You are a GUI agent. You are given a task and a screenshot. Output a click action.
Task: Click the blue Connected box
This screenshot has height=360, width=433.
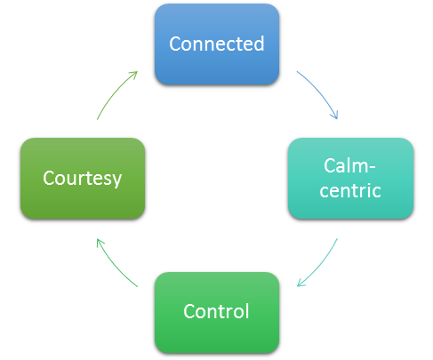tap(217, 44)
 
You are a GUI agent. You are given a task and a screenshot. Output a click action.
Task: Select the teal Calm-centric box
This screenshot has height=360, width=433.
tap(350, 179)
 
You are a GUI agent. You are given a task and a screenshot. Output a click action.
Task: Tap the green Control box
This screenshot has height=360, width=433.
tap(217, 313)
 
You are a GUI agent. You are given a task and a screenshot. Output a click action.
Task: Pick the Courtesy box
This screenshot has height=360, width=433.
tap(83, 179)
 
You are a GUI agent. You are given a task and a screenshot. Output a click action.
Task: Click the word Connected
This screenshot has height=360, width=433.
tap(217, 44)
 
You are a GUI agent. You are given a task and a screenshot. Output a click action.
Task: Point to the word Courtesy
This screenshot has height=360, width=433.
tap(83, 179)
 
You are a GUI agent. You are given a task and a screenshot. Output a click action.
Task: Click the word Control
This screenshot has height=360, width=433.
tap(216, 311)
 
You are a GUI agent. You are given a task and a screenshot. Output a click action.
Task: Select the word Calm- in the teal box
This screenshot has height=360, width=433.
tap(349, 165)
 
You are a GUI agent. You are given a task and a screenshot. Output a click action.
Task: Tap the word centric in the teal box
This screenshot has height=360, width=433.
tap(350, 190)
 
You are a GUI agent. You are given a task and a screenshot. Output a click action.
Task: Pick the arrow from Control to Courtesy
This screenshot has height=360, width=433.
tap(115, 265)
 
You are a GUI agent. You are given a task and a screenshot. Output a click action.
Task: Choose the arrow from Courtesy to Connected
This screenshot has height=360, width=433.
tap(115, 92)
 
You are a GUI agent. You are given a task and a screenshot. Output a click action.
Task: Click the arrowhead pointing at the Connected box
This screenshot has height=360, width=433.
tap(134, 74)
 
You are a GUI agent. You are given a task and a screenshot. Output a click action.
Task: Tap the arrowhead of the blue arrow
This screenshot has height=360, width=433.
tap(335, 115)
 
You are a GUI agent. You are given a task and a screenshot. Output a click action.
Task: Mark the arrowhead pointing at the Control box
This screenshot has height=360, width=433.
tap(301, 284)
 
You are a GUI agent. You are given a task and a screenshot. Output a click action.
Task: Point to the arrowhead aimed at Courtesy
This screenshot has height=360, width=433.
tap(100, 243)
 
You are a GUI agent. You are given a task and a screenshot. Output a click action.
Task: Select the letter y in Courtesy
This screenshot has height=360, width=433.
tap(117, 180)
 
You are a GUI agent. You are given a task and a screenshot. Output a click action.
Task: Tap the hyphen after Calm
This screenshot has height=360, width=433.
tap(372, 169)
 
